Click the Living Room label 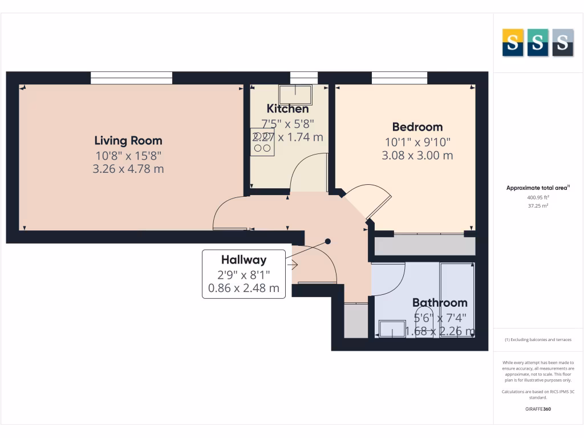[x=128, y=140]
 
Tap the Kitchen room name [x=288, y=108]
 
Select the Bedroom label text [x=417, y=127]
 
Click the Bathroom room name [x=440, y=303]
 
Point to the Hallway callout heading [x=244, y=259]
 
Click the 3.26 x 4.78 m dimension [x=128, y=169]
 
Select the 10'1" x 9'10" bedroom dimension [x=417, y=141]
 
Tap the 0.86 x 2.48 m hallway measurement [x=244, y=288]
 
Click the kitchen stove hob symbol [x=262, y=142]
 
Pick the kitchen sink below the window [x=303, y=92]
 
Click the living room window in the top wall [x=131, y=78]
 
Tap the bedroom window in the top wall [x=399, y=78]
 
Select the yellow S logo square [x=513, y=43]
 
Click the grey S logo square [x=562, y=43]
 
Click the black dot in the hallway [x=328, y=241]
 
